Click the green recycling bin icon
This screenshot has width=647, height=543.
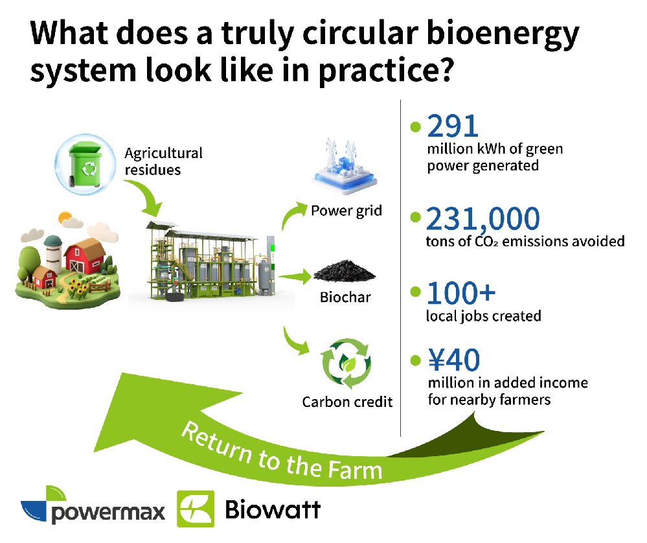[x=85, y=165]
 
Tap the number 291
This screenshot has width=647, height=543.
[x=453, y=126]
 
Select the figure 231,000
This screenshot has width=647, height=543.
[x=482, y=219]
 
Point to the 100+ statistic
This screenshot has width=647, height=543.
[x=461, y=293]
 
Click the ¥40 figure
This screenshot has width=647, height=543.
[x=454, y=360]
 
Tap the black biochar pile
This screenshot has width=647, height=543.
[x=344, y=271]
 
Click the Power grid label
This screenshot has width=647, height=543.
[x=346, y=211]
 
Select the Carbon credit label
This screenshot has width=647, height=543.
[x=347, y=402]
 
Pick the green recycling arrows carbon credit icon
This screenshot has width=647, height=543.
[x=346, y=364]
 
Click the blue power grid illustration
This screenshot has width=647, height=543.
[x=345, y=167]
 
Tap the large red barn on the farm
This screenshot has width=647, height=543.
[x=85, y=257]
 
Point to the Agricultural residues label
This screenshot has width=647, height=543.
[x=163, y=161]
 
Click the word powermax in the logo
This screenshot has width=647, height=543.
[x=108, y=513]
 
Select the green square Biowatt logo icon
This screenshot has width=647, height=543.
[x=196, y=509]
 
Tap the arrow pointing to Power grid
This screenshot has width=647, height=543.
[x=292, y=214]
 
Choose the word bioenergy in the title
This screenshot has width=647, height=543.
[x=503, y=34]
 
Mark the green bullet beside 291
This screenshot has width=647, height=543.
[x=416, y=127]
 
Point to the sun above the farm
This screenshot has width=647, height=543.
[x=65, y=218]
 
